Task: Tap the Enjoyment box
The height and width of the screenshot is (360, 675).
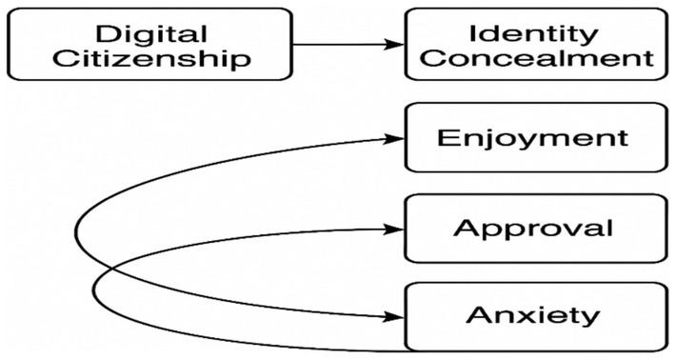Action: (532, 138)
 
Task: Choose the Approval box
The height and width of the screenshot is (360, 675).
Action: (532, 230)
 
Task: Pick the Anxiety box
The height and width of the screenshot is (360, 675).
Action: (532, 315)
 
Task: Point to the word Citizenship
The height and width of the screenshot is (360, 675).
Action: (150, 60)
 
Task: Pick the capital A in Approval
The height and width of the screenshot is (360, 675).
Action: (464, 230)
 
